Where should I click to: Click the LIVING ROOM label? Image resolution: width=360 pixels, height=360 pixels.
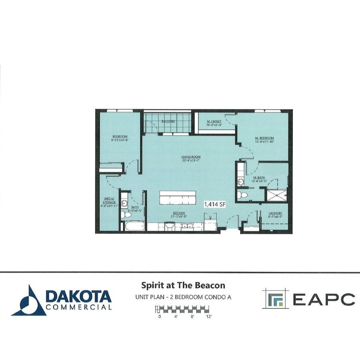click(190, 157)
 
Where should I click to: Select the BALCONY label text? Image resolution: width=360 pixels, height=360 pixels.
click(168, 121)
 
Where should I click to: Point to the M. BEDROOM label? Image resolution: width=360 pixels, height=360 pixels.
click(264, 138)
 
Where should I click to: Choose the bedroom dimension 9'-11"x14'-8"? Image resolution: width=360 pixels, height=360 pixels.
click(117, 139)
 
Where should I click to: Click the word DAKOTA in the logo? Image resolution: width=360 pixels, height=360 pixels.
click(78, 296)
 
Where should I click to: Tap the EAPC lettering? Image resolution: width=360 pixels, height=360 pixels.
click(323, 299)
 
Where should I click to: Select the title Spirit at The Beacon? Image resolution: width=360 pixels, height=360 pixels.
click(183, 285)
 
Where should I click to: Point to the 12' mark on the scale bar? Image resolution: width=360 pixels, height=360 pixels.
click(209, 316)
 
